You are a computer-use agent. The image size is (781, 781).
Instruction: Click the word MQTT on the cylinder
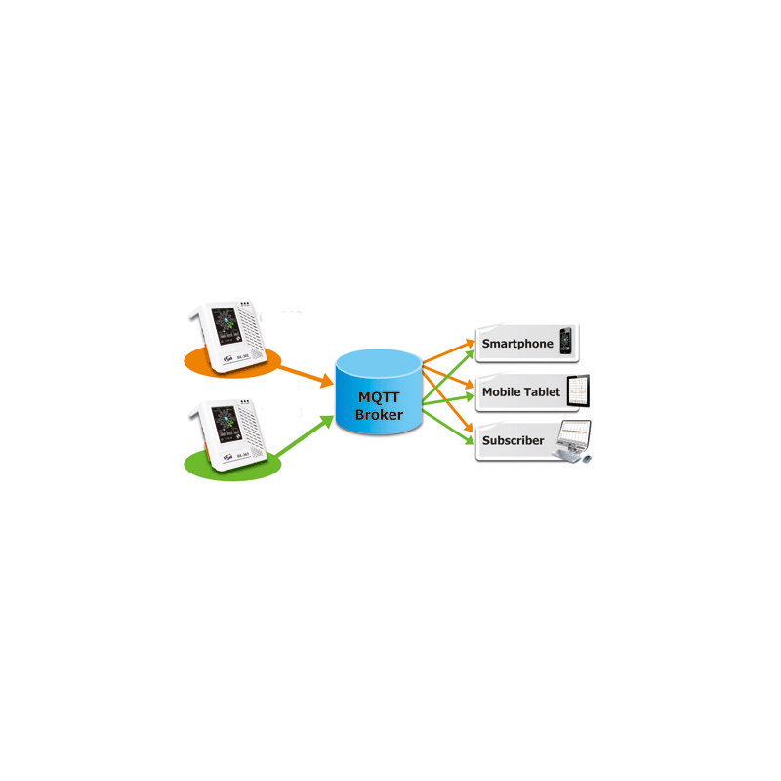click(377, 398)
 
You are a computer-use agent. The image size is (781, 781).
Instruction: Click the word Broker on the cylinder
click(377, 415)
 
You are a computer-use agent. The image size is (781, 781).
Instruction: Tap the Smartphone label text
click(517, 344)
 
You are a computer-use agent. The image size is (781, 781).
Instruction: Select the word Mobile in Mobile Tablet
click(503, 392)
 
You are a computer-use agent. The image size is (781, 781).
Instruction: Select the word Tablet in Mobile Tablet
click(543, 392)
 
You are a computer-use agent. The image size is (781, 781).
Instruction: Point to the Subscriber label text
click(514, 440)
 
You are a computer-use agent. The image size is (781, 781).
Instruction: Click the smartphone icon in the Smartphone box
click(564, 342)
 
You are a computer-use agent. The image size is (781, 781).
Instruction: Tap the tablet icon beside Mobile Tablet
click(580, 391)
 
